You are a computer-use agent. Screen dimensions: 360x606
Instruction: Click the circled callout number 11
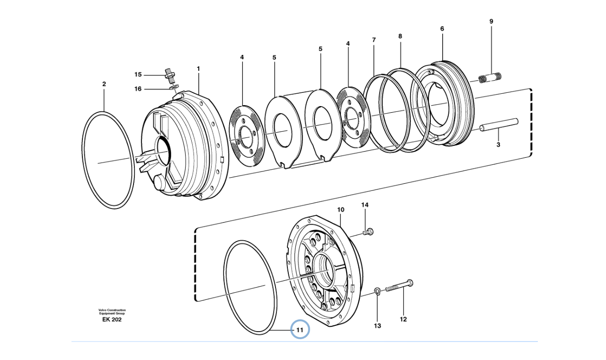(x=299, y=330)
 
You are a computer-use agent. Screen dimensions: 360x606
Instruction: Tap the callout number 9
(x=491, y=21)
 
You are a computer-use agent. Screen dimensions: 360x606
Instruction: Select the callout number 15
(x=138, y=75)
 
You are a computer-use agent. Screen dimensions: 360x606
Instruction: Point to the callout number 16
(x=138, y=89)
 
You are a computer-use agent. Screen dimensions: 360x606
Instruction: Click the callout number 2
(x=104, y=84)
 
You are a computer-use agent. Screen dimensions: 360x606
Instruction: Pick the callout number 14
(x=365, y=205)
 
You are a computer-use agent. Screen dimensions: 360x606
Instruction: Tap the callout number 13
(x=377, y=325)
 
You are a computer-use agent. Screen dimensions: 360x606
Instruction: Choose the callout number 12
(x=403, y=319)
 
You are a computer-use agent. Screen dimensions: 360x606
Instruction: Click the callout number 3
(x=498, y=145)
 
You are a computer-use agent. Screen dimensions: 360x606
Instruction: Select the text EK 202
(x=112, y=320)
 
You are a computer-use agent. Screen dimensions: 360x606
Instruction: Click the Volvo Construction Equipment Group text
(x=112, y=312)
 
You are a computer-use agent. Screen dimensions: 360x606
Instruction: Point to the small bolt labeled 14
(x=368, y=232)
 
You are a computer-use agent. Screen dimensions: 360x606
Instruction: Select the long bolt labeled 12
(x=398, y=286)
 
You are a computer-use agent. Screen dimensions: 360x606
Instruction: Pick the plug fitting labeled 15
(x=168, y=73)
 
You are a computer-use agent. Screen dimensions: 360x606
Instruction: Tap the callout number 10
(x=340, y=209)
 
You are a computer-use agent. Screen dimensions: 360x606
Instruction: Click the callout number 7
(x=374, y=40)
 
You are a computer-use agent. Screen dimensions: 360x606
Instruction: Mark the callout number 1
(x=198, y=69)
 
